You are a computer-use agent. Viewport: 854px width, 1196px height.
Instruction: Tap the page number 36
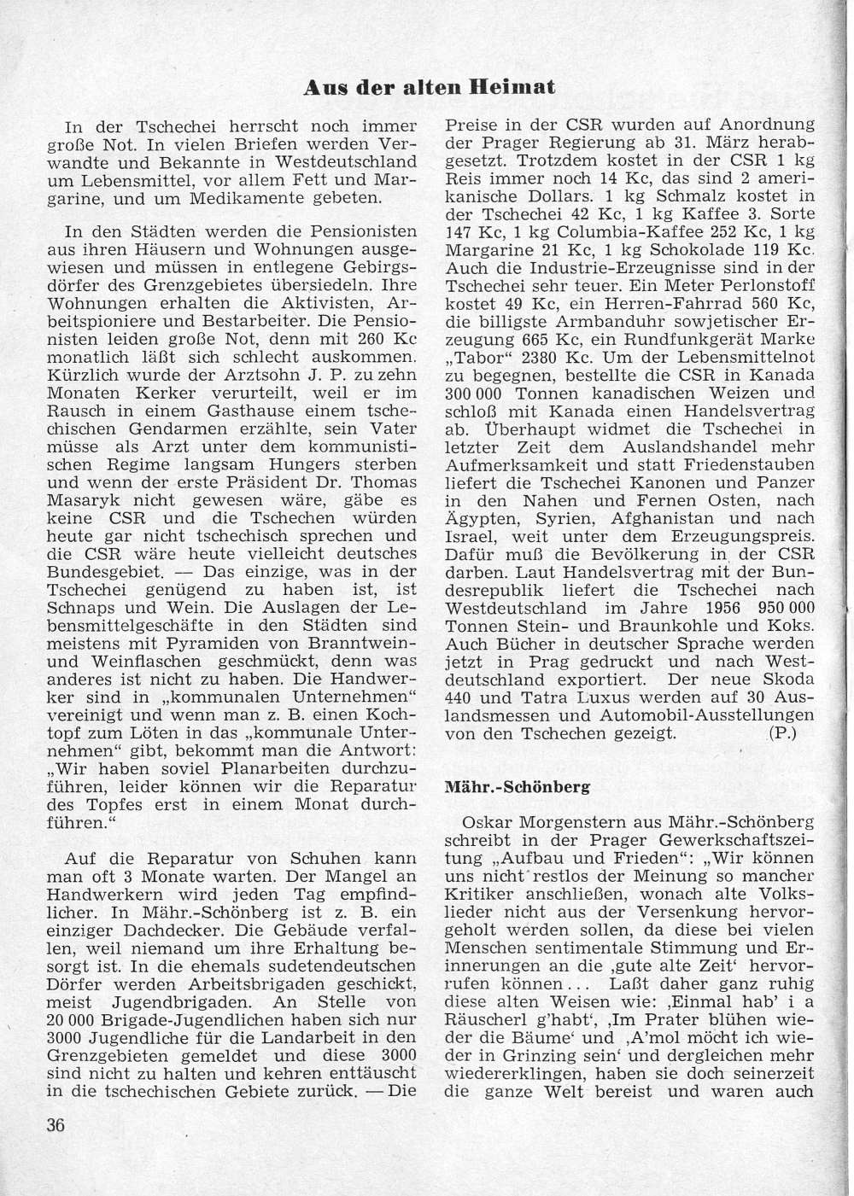point(56,1123)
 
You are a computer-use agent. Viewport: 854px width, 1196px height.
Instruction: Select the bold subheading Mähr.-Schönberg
point(518,787)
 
